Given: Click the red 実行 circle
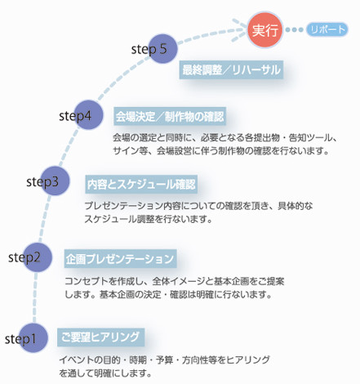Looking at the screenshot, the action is tap(264, 29).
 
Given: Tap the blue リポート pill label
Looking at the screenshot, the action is tap(327, 29).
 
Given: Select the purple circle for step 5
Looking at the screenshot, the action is tap(162, 49).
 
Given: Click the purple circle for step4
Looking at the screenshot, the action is tap(88, 115).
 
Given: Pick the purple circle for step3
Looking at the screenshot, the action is tap(55, 181).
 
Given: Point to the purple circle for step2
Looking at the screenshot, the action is tap(38, 257).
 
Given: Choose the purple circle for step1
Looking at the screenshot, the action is tap(33, 338).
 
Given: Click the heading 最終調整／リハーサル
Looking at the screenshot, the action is tap(231, 70).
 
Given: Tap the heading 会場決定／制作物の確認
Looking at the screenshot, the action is tap(170, 116).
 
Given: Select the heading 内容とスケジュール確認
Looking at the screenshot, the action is tap(141, 185).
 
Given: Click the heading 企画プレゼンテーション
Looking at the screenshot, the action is tap(120, 259).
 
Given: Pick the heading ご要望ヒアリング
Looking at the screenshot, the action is tap(100, 337).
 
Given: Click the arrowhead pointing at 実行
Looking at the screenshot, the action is tap(240, 30).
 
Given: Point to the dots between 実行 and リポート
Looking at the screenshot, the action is tap(294, 29).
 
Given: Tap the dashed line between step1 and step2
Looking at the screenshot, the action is tap(35, 297).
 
